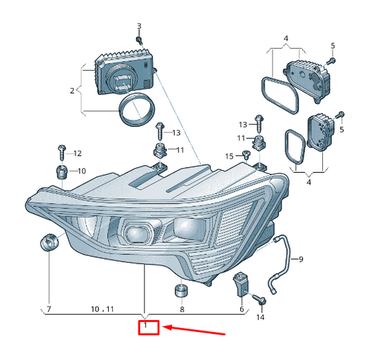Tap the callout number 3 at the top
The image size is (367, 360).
(138, 26)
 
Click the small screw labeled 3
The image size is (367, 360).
(139, 40)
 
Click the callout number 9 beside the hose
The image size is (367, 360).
(300, 259)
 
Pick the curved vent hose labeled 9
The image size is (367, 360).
(280, 262)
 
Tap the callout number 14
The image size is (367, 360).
(260, 317)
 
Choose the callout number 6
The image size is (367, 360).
(242, 310)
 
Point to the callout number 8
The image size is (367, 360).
(182, 310)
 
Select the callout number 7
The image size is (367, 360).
(49, 310)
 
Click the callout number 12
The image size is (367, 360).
(77, 153)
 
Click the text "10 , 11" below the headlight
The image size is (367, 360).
(101, 310)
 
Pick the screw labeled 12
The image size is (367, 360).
(61, 149)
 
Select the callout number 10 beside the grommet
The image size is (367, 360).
(81, 171)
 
